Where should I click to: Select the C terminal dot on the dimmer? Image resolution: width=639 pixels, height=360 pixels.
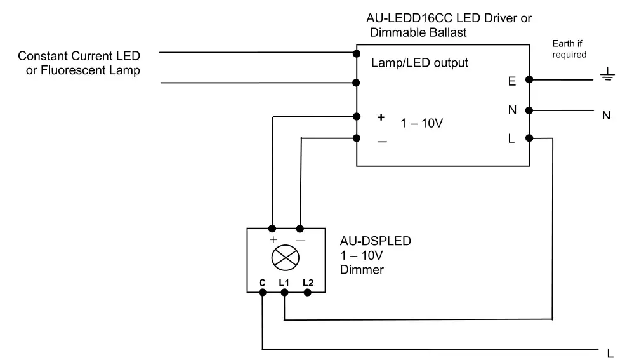[262, 292]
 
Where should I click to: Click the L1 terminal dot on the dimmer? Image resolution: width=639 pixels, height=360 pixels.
[284, 292]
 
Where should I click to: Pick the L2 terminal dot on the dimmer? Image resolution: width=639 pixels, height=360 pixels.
[308, 292]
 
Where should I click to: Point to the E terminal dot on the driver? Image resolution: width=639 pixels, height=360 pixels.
[529, 79]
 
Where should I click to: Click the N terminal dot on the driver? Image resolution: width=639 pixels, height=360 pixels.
[529, 110]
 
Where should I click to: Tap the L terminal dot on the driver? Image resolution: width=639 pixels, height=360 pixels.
[529, 138]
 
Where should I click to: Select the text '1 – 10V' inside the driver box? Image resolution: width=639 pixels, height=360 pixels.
[421, 124]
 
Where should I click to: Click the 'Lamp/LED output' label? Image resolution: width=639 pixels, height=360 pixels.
[419, 63]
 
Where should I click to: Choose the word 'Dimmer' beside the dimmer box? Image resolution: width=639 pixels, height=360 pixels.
[362, 270]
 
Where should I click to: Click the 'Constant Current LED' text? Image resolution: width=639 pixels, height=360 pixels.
[79, 57]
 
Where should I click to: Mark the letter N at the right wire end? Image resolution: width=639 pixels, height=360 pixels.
[606, 116]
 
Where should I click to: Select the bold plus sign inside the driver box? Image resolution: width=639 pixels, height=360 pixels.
[381, 117]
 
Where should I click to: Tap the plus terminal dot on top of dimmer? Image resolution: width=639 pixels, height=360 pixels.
[272, 228]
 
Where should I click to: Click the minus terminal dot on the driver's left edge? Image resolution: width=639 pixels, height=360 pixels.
[357, 138]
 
